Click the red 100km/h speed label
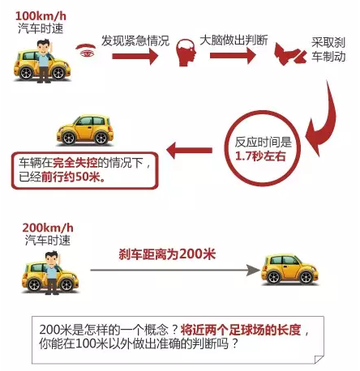[x=41, y=16]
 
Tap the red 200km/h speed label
[x=48, y=228]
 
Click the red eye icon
[x=86, y=50]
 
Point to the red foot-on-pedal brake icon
[x=289, y=55]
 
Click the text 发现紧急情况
[x=135, y=41]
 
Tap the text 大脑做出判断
[x=234, y=41]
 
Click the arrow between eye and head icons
[x=135, y=56]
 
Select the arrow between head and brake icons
[x=233, y=56]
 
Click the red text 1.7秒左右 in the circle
[x=260, y=156]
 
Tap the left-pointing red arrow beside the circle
[x=189, y=150]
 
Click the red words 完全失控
[x=75, y=163]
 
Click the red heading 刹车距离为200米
[x=167, y=254]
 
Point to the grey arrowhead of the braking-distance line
[x=253, y=270]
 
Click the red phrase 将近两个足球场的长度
[x=241, y=330]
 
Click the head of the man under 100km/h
[x=44, y=46]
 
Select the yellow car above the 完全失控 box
[x=85, y=130]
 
